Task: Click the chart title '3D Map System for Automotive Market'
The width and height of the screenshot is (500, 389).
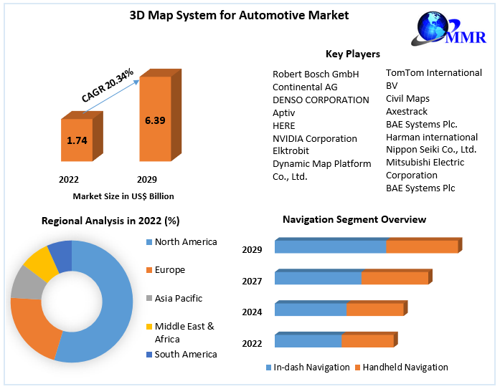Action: pos(228,14)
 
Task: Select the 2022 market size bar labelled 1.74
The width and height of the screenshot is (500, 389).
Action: pos(77,140)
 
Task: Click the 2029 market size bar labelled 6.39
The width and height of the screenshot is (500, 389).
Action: pos(155,120)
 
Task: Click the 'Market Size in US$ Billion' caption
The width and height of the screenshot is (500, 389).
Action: pos(123,196)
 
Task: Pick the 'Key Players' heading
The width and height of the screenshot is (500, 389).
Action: pos(353,54)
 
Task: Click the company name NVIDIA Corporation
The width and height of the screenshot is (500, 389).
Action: pos(314,138)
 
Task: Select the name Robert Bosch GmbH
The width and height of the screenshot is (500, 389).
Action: pos(316,74)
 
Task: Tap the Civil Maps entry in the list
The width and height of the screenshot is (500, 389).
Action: pos(407,98)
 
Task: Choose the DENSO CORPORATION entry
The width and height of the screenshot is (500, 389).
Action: pos(321,100)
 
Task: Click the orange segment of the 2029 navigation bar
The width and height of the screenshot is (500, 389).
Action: pos(422,246)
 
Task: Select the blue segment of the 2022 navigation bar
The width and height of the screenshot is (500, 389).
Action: pos(308,341)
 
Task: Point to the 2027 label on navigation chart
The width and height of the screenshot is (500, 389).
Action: pos(252,282)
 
